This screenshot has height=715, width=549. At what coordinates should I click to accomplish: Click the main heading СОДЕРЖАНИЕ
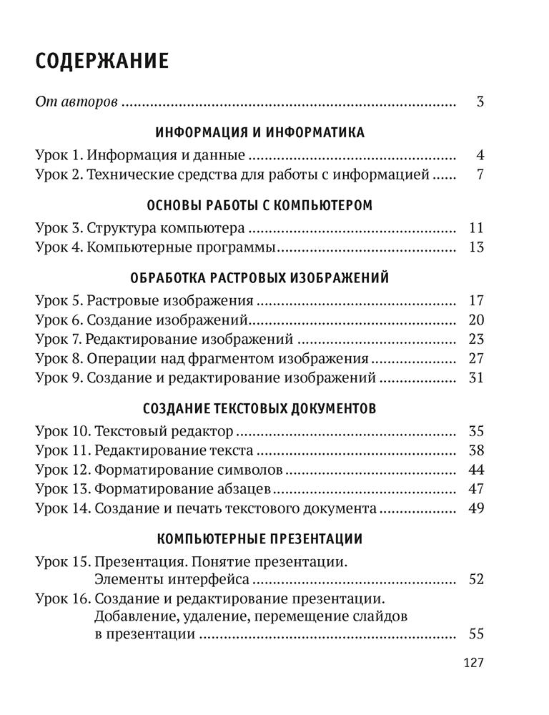point(102,61)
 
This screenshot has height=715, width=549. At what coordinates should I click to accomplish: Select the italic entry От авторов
point(76,102)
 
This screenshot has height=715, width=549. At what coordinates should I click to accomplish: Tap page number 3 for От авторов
point(480,102)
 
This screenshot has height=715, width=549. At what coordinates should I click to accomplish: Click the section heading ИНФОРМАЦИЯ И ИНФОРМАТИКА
point(259,133)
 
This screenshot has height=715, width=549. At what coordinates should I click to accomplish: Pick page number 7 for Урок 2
point(480,174)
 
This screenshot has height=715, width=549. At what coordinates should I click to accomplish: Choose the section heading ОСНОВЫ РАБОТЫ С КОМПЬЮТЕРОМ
point(259,206)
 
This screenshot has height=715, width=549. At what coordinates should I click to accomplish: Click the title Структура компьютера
point(167,229)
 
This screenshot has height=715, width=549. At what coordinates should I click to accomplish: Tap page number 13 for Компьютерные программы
point(477,247)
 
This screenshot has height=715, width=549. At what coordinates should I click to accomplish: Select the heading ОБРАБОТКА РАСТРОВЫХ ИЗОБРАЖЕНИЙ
point(259,279)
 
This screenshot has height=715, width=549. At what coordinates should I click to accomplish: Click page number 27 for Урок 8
point(477,358)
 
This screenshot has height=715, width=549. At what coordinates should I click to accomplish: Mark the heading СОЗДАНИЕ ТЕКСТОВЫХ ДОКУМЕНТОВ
point(259,409)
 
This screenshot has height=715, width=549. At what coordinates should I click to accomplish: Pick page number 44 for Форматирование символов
point(477,470)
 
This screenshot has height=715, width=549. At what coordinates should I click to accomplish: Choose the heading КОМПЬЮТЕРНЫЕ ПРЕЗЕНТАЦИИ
point(259,538)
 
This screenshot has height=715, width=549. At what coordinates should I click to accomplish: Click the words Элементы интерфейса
point(172,578)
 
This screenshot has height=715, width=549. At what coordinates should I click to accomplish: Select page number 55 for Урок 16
point(477,634)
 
